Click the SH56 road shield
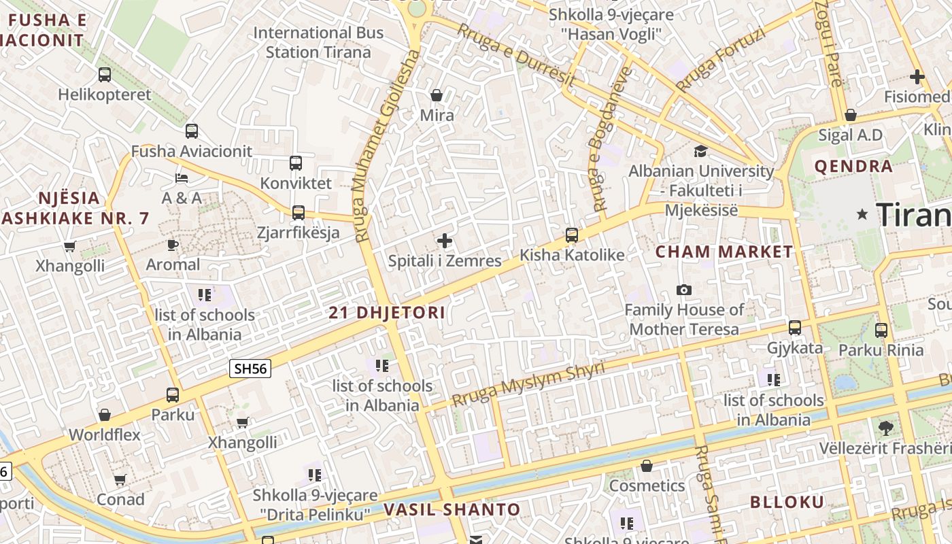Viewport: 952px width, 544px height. tap(250, 369)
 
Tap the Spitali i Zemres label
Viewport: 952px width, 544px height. tap(445, 260)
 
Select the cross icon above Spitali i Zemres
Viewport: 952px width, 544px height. tap(445, 241)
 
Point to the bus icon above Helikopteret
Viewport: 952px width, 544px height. tap(105, 75)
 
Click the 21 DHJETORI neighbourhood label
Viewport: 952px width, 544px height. tap(387, 313)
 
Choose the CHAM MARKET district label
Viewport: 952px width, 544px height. tap(724, 252)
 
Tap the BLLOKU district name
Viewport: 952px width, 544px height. tap(787, 503)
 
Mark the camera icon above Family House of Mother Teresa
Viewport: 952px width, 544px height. tap(684, 290)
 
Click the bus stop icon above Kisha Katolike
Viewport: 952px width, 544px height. tap(572, 235)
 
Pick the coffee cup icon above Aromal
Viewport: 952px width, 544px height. tap(173, 245)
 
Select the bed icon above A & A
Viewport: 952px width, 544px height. tap(182, 178)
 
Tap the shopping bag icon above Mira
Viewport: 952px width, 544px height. tap(437, 95)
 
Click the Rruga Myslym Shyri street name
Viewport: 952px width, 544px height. tap(528, 384)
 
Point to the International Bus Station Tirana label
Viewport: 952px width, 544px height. tap(318, 42)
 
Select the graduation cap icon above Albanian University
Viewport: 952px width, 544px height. tap(700, 151)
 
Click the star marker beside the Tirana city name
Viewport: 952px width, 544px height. tap(863, 215)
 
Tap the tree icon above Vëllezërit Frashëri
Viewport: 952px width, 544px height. tap(885, 428)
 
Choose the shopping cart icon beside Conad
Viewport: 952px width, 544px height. tap(120, 480)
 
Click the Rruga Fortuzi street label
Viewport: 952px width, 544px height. tap(721, 59)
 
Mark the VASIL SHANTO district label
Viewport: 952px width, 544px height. tap(452, 509)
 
